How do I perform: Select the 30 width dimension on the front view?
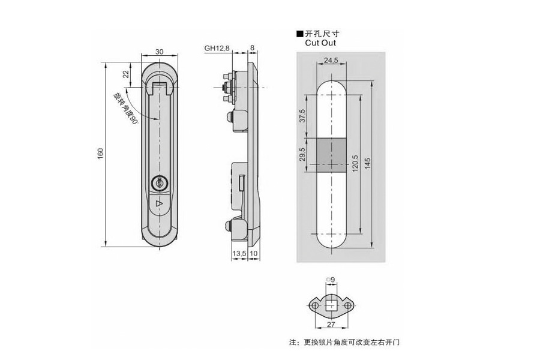(x=159, y=52)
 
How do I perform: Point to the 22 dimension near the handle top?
(x=126, y=74)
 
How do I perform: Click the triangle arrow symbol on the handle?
(x=159, y=205)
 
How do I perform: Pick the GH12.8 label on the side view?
(x=217, y=49)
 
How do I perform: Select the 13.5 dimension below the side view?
(x=238, y=254)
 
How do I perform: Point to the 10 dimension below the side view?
(x=254, y=254)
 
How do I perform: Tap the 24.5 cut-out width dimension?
(x=331, y=61)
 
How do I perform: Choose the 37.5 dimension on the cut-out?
(x=303, y=115)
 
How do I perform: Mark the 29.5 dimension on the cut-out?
(x=303, y=155)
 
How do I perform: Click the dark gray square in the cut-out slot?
(x=331, y=155)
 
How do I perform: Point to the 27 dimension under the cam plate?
(x=331, y=325)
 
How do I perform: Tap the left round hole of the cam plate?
(x=314, y=305)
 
